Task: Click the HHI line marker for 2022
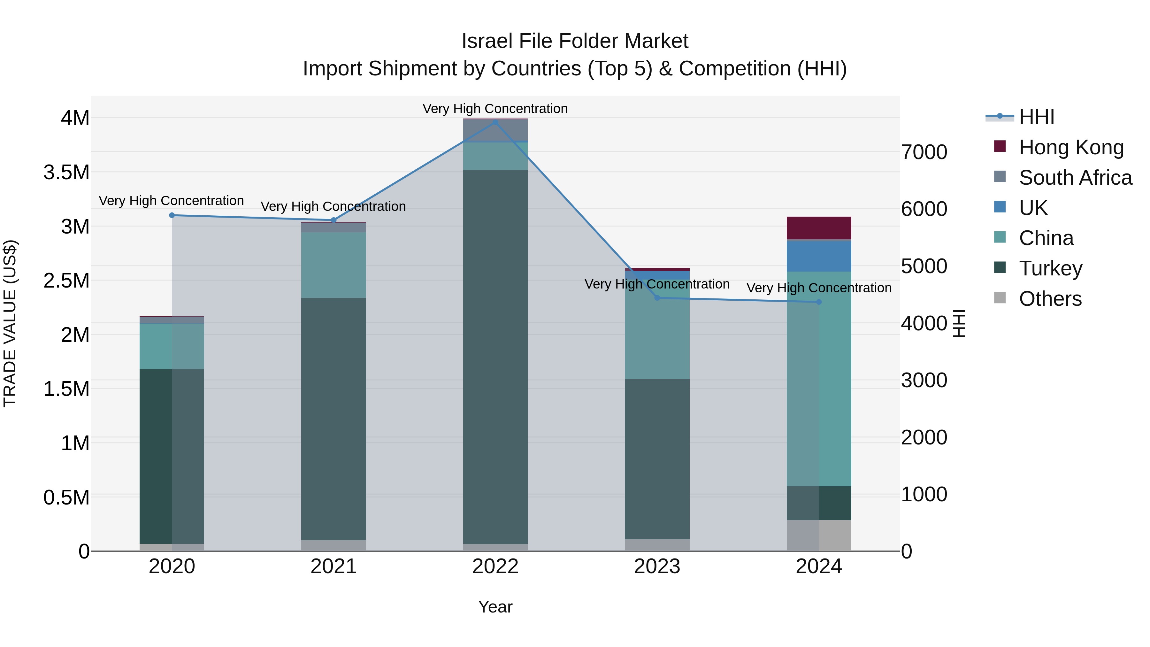coord(495,122)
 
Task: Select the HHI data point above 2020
coord(172,215)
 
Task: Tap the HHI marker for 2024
coord(819,302)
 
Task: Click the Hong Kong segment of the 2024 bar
coord(819,228)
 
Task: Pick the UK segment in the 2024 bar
coord(819,256)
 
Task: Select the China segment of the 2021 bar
coord(333,265)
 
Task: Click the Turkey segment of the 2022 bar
coord(495,357)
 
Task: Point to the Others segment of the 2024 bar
coord(819,535)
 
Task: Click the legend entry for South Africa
coord(1075,178)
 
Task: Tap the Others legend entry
coord(1050,299)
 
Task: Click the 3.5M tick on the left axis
coord(66,172)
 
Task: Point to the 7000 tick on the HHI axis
coord(924,152)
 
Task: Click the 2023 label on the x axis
coord(657,566)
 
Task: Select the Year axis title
coord(495,607)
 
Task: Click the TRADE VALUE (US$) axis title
coord(10,323)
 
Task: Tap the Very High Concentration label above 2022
coord(495,109)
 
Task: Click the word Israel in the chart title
coord(484,41)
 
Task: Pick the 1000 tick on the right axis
coord(924,494)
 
